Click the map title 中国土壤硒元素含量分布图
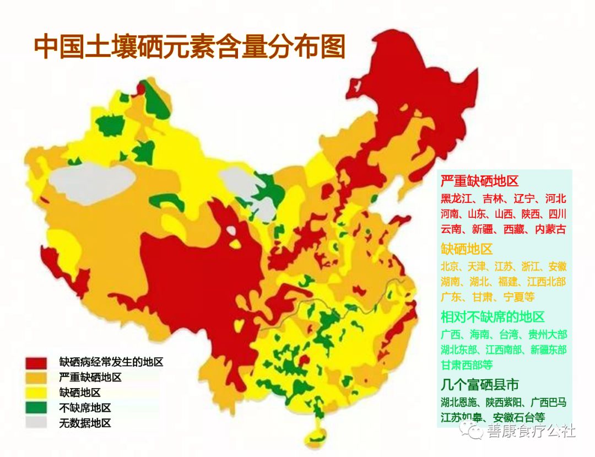click(190, 47)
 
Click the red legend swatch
click(36, 363)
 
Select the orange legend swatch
click(36, 378)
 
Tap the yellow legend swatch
click(36, 393)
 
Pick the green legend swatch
click(36, 408)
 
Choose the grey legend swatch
click(36, 423)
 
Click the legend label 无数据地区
click(85, 423)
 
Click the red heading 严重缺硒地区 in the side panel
click(479, 181)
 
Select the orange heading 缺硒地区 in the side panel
click(467, 249)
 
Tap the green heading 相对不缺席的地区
click(493, 316)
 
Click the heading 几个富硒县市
click(480, 384)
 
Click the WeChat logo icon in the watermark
click(473, 429)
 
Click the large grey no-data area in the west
click(91, 182)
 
